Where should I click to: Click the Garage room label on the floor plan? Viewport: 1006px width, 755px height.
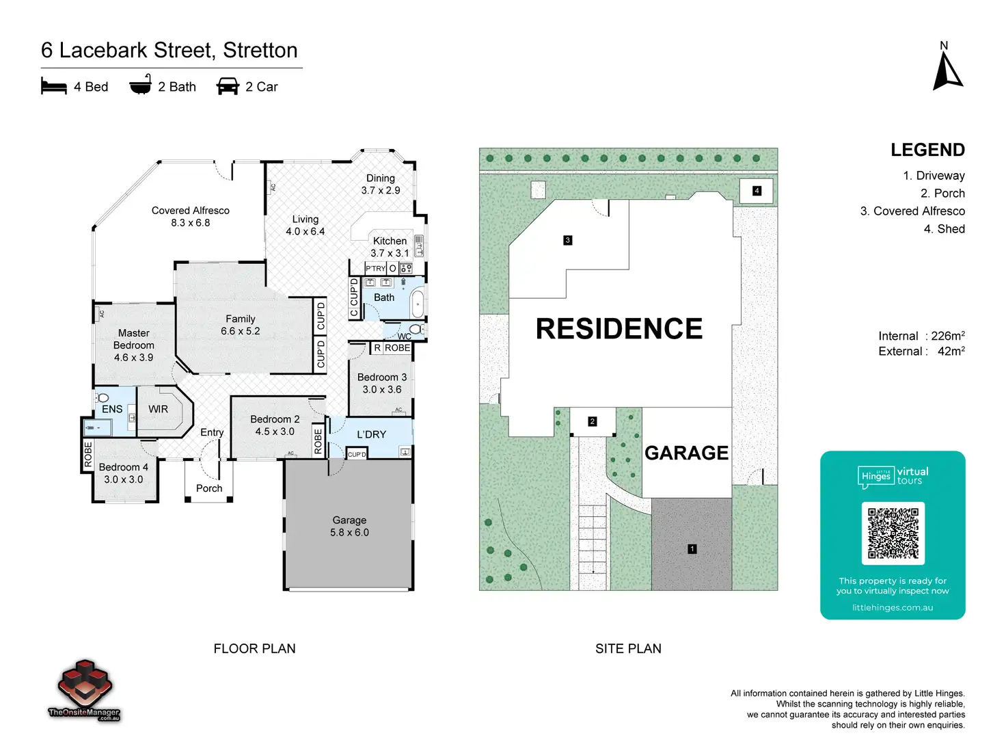point(349,520)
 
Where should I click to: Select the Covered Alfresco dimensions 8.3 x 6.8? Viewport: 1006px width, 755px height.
point(191,223)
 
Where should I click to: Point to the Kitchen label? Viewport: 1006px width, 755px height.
point(390,241)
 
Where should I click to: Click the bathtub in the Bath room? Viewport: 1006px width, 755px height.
point(417,303)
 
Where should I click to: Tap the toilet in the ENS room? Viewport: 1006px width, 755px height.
point(103,398)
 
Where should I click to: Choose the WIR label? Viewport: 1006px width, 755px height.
point(158,409)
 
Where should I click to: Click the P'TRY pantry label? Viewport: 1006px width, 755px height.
point(375,269)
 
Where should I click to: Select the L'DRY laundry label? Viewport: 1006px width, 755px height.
point(371,434)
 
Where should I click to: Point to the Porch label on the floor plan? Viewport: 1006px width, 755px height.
point(209,488)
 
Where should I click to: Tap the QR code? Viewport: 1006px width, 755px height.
point(893,533)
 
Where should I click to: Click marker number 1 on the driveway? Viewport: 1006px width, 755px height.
point(692,548)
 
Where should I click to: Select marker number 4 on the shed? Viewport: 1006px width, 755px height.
point(757,191)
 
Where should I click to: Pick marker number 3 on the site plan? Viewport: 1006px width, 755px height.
point(567,240)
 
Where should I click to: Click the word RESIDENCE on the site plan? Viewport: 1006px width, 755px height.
point(618,329)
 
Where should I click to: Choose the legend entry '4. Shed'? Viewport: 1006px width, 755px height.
point(944,229)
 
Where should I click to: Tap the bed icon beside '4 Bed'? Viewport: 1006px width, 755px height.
point(54,86)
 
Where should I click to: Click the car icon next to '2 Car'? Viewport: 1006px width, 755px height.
point(228,86)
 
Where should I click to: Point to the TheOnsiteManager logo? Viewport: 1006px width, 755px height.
point(84,691)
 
